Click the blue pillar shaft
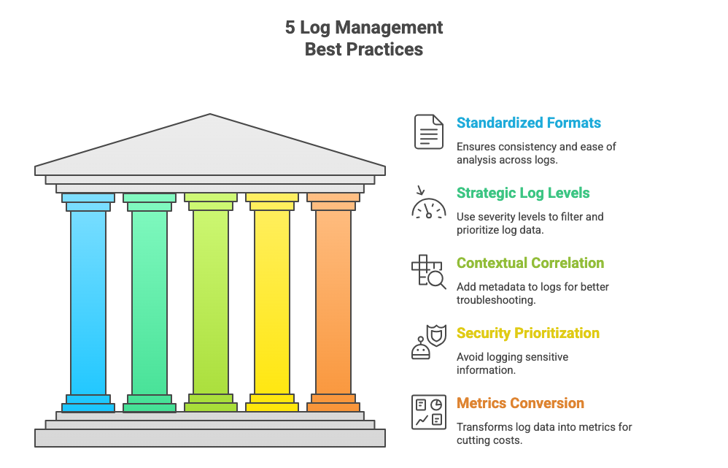click(88, 303)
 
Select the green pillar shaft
click(150, 303)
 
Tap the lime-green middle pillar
click(211, 303)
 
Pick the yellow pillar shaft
click(272, 303)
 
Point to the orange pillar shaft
click(333, 303)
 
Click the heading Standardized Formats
click(529, 123)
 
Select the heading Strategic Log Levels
click(523, 193)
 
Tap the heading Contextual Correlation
click(530, 263)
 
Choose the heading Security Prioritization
click(528, 333)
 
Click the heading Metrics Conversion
click(520, 403)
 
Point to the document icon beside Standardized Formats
click(429, 131)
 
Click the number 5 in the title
click(290, 28)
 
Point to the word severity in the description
click(498, 217)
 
